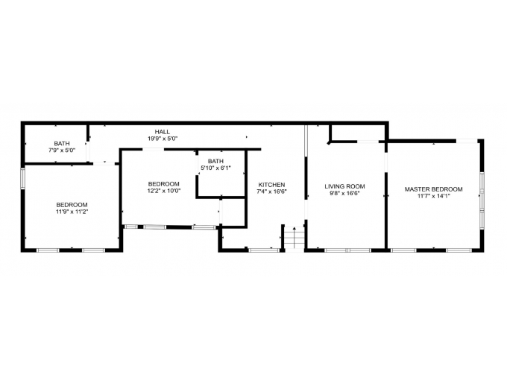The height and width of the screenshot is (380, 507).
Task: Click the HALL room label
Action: (163, 132)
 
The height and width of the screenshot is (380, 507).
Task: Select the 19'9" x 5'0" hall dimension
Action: (163, 139)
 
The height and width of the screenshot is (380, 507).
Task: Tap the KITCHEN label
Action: (271, 185)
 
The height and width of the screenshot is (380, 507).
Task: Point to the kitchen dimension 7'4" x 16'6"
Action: (271, 191)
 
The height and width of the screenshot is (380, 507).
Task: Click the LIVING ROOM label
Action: (344, 186)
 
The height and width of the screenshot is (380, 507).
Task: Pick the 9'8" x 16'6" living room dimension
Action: (344, 193)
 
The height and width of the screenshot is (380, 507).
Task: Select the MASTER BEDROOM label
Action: (434, 189)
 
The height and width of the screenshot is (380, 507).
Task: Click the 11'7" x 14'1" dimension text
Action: (434, 196)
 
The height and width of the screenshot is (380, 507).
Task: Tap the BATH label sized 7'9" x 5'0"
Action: (62, 144)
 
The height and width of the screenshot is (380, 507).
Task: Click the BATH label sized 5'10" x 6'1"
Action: (215, 161)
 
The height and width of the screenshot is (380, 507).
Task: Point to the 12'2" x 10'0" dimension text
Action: (164, 191)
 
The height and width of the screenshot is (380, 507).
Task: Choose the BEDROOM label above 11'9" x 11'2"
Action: (72, 205)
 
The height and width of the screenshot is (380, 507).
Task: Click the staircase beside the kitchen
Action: (295, 238)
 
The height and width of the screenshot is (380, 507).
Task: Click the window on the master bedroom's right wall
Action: (482, 200)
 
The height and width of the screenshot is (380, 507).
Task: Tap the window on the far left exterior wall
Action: (22, 178)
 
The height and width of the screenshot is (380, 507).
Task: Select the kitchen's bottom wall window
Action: (264, 250)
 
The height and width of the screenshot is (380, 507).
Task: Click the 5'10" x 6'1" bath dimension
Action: (215, 168)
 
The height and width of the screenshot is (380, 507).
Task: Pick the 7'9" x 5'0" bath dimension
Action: (62, 151)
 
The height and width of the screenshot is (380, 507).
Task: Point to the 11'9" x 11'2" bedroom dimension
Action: (72, 212)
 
